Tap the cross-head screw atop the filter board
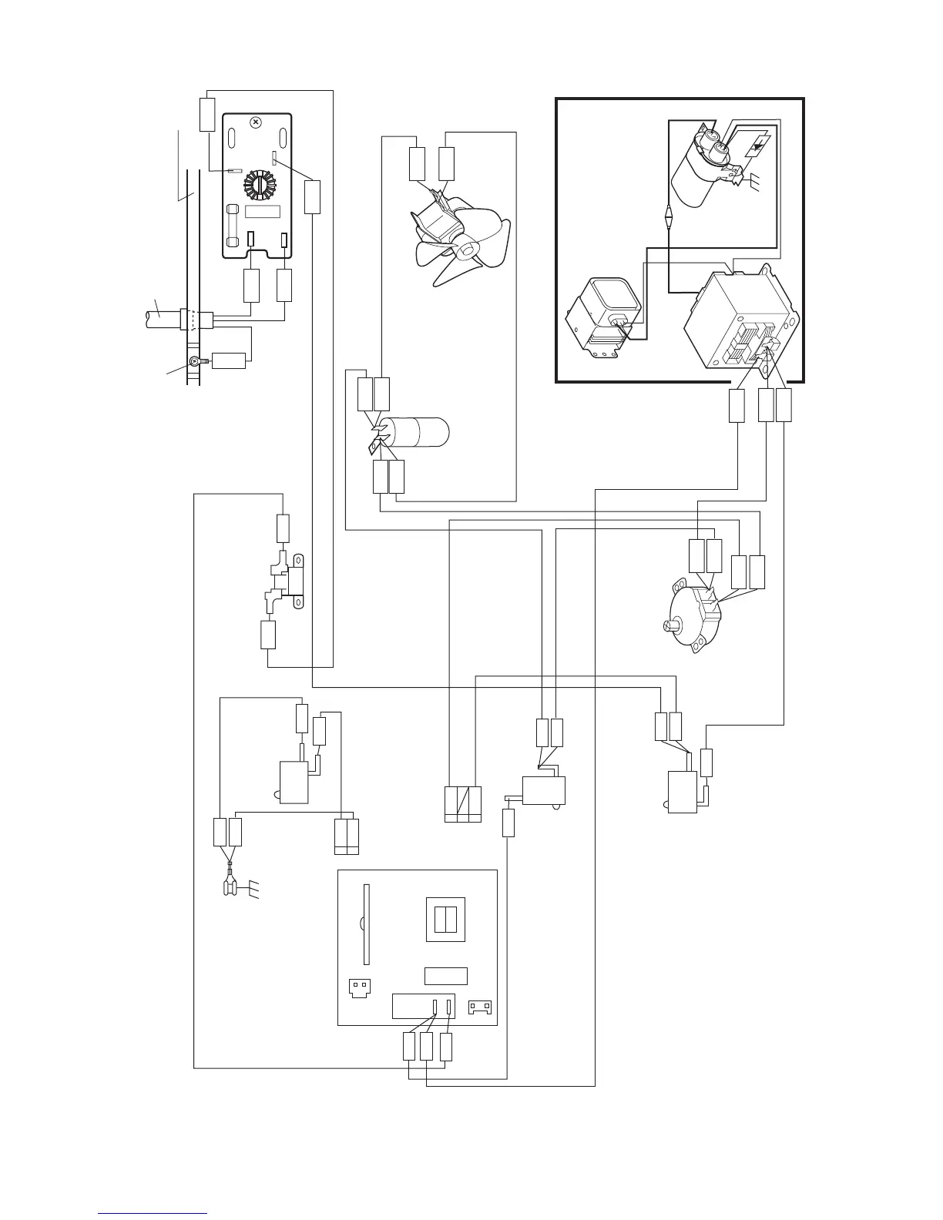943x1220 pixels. (257, 122)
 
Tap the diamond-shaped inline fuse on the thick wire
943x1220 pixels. (668, 216)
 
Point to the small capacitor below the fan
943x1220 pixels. (416, 431)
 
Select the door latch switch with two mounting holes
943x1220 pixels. (288, 581)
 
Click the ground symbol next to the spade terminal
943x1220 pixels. (255, 891)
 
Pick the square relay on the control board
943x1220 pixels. (445, 920)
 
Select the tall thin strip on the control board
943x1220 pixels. (367, 924)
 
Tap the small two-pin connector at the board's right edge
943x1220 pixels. (480, 1007)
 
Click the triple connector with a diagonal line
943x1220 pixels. (463, 804)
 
